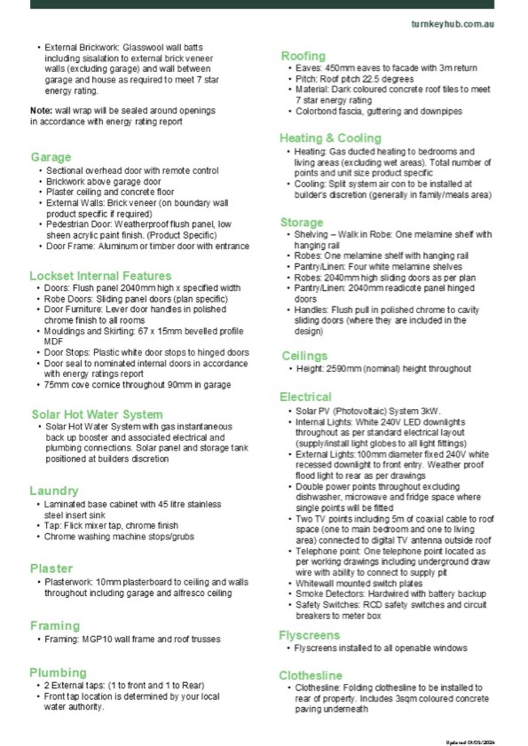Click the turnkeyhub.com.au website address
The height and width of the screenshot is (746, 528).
click(x=452, y=24)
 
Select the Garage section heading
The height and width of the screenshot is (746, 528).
click(x=51, y=157)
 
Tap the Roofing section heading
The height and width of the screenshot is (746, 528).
click(x=303, y=56)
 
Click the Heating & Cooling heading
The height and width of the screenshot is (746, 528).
click(x=330, y=138)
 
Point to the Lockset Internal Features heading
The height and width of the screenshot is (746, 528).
click(x=100, y=276)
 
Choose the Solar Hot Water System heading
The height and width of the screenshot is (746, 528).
click(x=97, y=414)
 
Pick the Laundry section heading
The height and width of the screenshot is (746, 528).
click(x=54, y=490)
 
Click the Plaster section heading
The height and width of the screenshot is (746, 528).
click(x=52, y=568)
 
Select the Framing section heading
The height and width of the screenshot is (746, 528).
click(x=55, y=625)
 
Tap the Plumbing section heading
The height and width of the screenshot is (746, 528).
click(x=58, y=672)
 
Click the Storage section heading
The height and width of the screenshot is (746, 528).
click(x=302, y=222)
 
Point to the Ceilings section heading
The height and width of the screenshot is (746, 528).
click(x=304, y=356)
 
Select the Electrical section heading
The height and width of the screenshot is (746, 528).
click(x=305, y=397)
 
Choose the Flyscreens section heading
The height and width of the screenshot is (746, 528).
click(x=309, y=635)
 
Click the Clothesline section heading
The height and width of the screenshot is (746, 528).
click(x=310, y=676)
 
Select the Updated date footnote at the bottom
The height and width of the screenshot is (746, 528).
click(x=470, y=742)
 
